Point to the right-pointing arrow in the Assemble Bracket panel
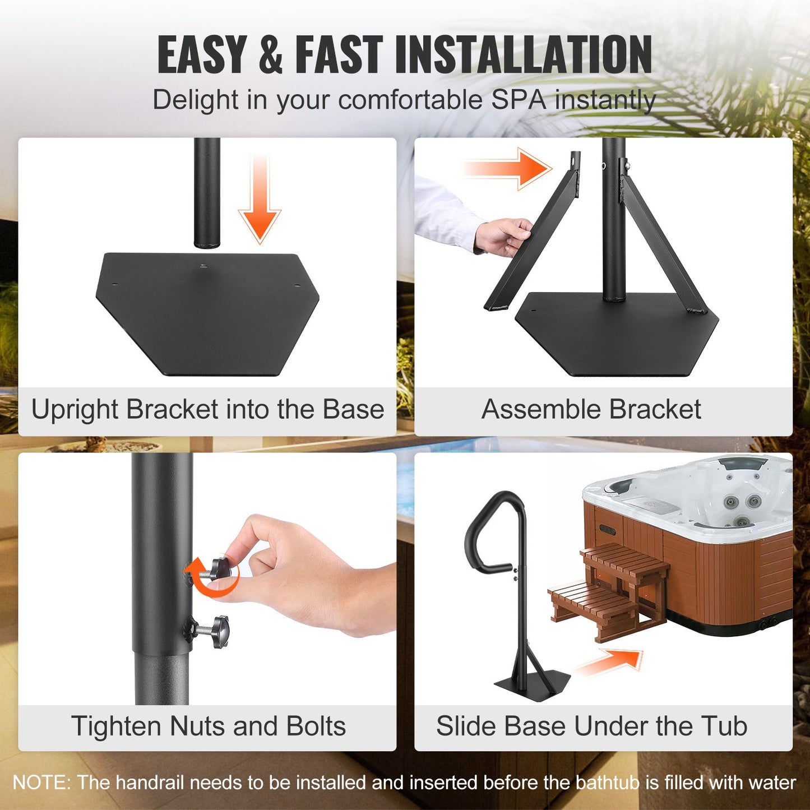(507, 168)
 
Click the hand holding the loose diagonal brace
(503, 236)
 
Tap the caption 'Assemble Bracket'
(591, 409)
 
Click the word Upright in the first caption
(76, 410)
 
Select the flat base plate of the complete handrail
(533, 685)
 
